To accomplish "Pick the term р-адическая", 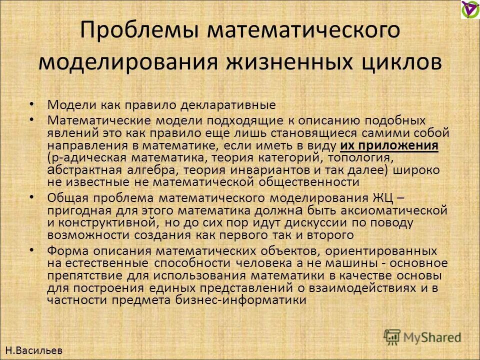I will (x=80, y=158).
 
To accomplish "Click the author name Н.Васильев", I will (x=33, y=350).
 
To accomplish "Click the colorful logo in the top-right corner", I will (x=469, y=9).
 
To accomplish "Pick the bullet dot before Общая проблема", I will (x=32, y=196).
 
